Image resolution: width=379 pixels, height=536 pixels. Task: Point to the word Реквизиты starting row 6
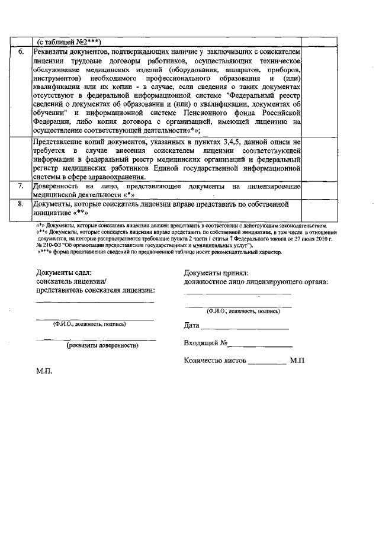coord(53,52)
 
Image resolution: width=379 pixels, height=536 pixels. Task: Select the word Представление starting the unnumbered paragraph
coord(61,142)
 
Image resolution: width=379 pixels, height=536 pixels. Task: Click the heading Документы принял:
coord(214,272)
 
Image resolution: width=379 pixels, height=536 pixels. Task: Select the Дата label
coord(191,325)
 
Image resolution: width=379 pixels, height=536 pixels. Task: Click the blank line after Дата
coord(244,326)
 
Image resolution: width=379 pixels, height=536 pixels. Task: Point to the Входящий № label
coord(206,343)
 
